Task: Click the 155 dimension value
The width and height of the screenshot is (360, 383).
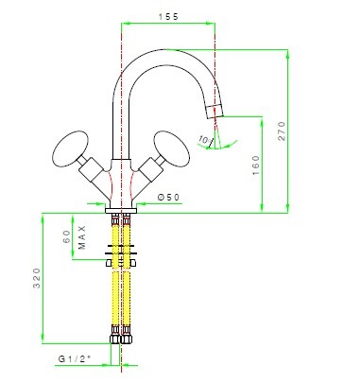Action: [x=168, y=17]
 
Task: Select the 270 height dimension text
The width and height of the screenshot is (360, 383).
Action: [x=282, y=131]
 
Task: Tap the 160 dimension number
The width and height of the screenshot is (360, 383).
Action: [x=256, y=165]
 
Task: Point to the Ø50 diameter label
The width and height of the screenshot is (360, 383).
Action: [x=168, y=198]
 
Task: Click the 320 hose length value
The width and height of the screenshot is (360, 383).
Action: [x=37, y=278]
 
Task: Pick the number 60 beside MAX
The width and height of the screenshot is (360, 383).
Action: [x=66, y=236]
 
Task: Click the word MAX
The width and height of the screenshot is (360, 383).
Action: [x=82, y=237]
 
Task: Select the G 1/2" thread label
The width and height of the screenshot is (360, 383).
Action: [x=75, y=358]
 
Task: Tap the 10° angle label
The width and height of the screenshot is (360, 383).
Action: [x=204, y=139]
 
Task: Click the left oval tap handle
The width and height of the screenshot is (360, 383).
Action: [x=70, y=148]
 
